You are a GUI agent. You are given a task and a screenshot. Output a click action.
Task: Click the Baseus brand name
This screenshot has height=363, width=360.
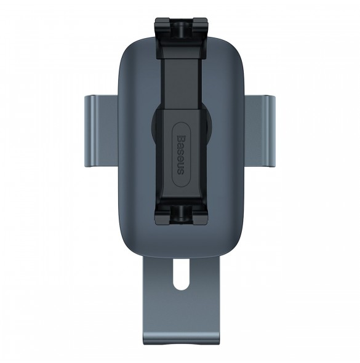[180, 154]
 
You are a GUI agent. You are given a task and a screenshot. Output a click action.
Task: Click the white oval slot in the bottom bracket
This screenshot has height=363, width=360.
[181, 274]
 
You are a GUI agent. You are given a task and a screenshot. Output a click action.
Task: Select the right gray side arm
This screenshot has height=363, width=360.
[260, 131]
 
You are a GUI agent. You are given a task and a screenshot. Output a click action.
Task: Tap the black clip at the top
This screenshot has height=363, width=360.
[181, 38]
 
